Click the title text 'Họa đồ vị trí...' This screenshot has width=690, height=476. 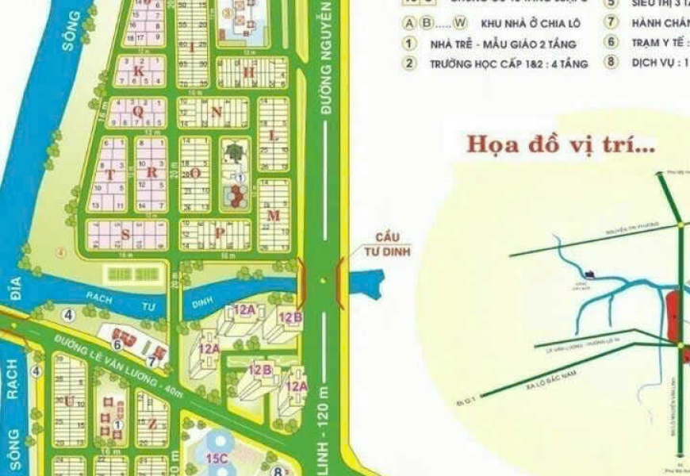(560, 145)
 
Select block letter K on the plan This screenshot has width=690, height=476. (138, 71)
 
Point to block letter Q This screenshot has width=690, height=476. (137, 112)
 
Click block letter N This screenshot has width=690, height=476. (215, 113)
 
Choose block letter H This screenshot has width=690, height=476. (247, 72)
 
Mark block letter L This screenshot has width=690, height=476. (274, 136)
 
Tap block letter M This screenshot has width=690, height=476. (274, 214)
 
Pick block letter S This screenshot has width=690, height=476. (125, 234)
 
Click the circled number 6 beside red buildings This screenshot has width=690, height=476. (117, 344)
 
